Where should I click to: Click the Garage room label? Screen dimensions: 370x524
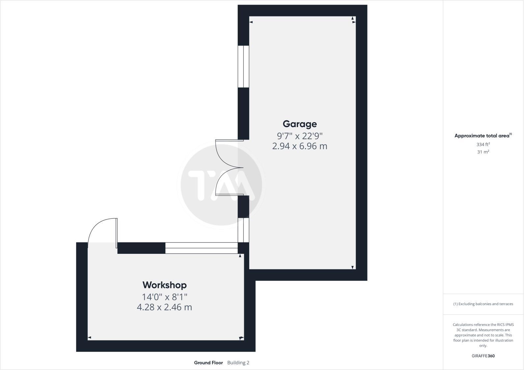tap(300, 124)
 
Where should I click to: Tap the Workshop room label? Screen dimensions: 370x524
tap(164, 285)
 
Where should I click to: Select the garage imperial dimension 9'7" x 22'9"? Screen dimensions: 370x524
tap(300, 136)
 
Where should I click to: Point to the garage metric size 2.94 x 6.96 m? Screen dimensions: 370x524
tap(300, 146)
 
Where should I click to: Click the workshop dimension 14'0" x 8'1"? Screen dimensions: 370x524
tap(164, 297)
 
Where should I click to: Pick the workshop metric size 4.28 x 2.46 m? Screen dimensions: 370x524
tap(164, 307)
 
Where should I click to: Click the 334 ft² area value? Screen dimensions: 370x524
tap(483, 144)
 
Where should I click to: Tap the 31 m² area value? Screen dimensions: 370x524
tap(483, 152)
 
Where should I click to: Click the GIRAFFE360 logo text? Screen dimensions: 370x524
tap(483, 356)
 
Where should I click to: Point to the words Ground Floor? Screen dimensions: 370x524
tap(208, 363)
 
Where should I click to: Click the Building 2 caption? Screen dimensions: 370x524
tap(238, 363)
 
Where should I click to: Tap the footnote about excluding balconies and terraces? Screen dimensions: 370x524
tap(483, 304)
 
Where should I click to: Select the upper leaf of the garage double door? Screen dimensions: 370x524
tap(227, 153)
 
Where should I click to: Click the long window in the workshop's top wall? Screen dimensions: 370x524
tap(201, 248)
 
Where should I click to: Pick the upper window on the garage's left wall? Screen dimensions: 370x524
tap(243, 66)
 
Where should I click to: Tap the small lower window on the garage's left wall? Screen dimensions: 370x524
tap(243, 230)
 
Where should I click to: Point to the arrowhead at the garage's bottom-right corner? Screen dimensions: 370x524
tap(353, 267)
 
